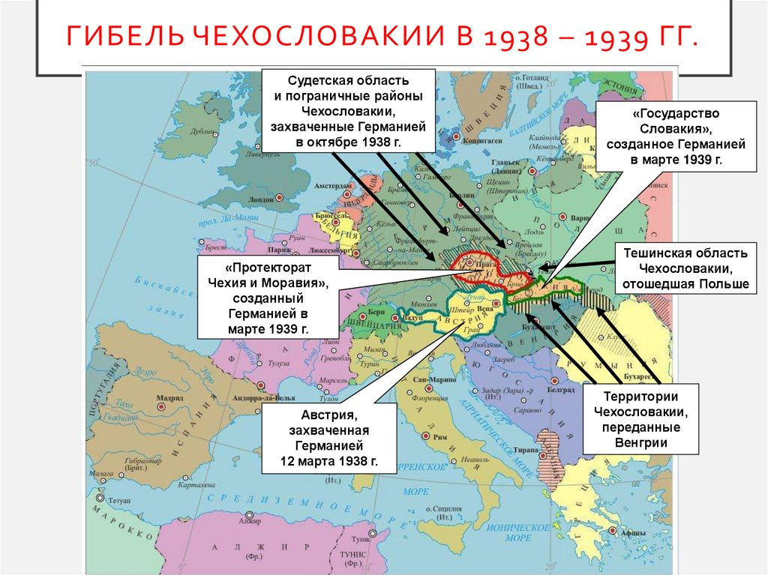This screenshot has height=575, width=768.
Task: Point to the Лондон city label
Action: tap(260, 200)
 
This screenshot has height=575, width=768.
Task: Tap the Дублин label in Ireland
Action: tap(202, 129)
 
